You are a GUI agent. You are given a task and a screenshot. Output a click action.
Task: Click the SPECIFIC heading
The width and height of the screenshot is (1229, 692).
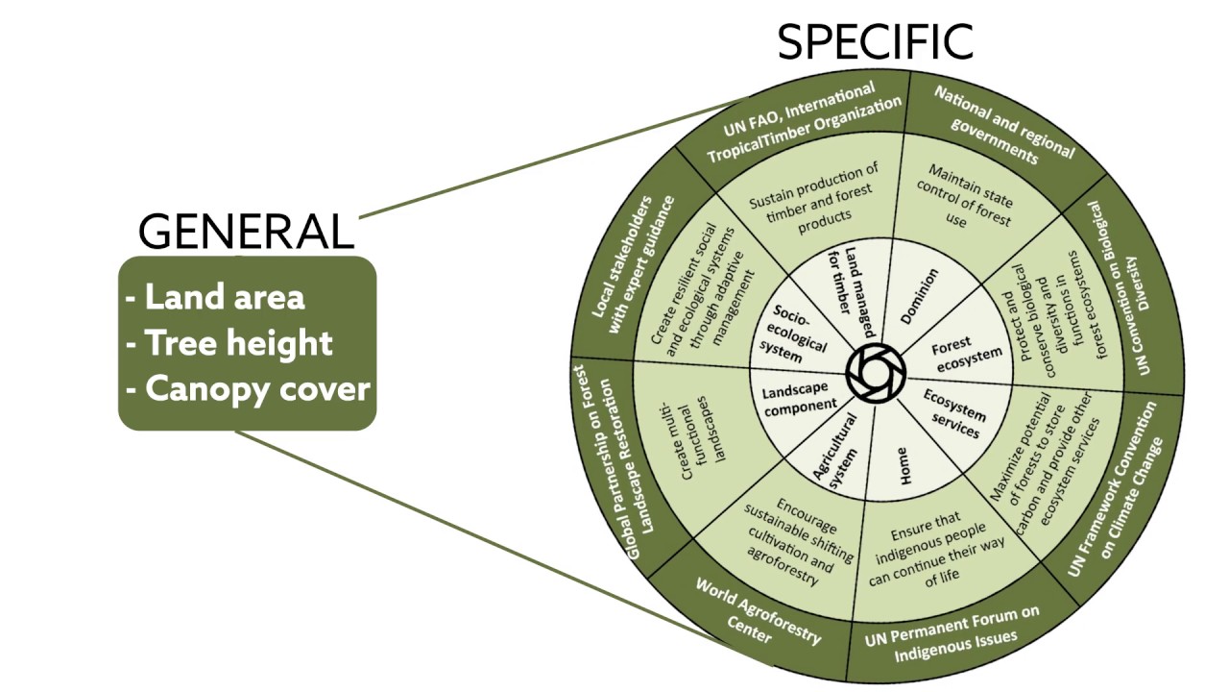875,43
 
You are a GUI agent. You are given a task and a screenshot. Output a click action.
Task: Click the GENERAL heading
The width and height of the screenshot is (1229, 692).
246,232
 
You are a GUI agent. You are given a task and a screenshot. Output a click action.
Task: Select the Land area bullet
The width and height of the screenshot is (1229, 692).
215,297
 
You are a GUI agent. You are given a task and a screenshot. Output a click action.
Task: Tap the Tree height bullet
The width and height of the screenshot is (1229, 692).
229,343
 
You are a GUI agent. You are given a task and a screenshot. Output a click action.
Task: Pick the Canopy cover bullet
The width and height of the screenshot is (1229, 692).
248,389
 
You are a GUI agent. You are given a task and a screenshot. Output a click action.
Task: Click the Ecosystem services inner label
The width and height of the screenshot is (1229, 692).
954,412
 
